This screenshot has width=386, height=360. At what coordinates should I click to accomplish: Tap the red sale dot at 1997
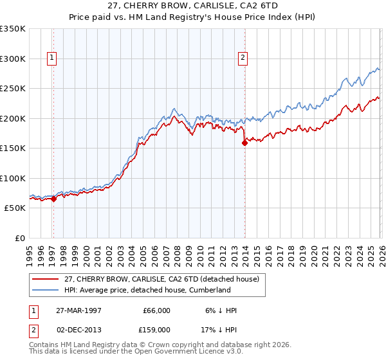coord(53,199)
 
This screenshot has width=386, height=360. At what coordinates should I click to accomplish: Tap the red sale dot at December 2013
coord(244,143)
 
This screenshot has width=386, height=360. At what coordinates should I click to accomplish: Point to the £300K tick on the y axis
coord(13,59)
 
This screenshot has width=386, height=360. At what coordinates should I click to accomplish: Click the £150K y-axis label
coord(13,148)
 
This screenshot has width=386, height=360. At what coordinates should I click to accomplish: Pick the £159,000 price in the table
coord(156,329)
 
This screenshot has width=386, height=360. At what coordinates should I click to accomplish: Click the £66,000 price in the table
coord(156,310)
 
